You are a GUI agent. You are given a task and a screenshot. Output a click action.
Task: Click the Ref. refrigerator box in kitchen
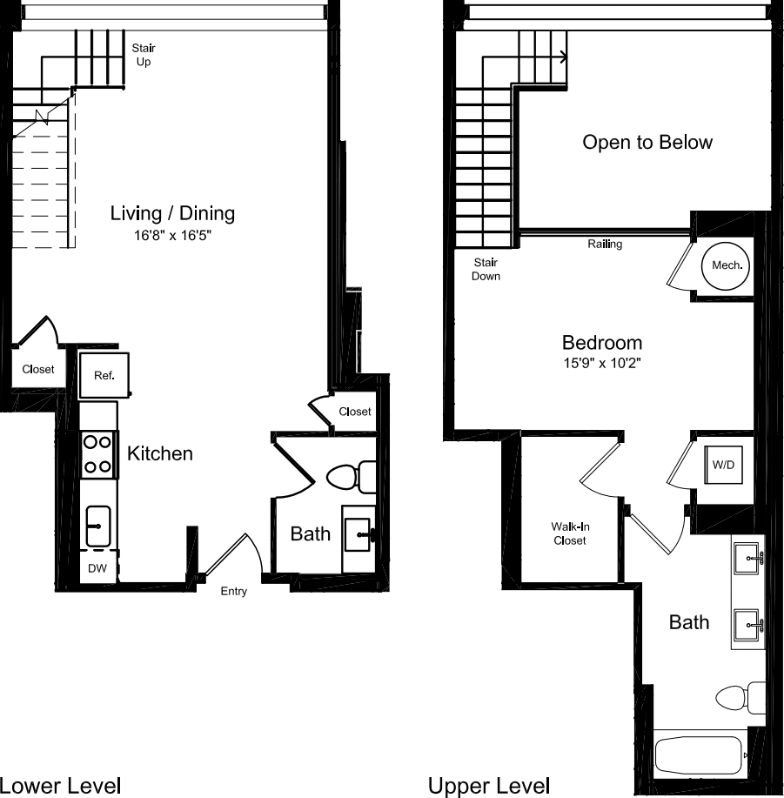[104, 375]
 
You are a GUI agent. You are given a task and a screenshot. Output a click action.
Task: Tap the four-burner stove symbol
[99, 454]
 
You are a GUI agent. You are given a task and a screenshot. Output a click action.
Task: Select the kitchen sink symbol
[98, 526]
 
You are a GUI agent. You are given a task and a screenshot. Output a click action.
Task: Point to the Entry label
[233, 592]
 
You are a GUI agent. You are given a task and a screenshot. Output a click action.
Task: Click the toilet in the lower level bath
[350, 477]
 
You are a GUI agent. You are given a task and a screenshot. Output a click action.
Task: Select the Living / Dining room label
[172, 213]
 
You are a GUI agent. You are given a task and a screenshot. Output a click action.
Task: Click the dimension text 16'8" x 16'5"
[172, 235]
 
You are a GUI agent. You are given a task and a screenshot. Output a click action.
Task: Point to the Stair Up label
[144, 55]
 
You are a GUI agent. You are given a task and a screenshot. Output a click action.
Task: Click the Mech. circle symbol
[727, 265]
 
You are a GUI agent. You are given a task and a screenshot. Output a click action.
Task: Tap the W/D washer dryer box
[724, 466]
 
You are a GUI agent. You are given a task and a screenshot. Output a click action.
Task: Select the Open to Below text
[647, 142]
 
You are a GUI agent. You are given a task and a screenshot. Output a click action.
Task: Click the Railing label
[605, 245]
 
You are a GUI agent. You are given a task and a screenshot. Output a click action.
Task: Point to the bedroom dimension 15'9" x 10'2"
[602, 364]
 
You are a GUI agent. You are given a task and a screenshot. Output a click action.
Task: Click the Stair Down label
[486, 269]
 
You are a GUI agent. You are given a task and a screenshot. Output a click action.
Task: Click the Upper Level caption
[489, 786]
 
